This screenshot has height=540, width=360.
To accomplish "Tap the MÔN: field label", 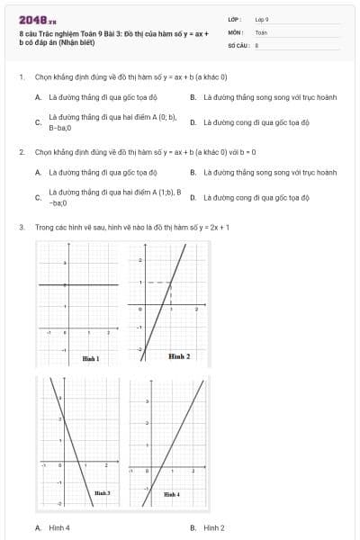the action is (x=236, y=31).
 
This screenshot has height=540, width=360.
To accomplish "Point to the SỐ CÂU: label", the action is (x=238, y=44).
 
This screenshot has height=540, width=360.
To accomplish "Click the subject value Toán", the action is (x=261, y=31).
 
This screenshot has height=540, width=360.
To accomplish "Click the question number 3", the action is (x=21, y=228).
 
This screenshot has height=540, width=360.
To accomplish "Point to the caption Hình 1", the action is (x=90, y=358).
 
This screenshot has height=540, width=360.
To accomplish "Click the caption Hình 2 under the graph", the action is (x=179, y=356).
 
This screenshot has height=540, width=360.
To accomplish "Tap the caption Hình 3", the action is (x=102, y=493).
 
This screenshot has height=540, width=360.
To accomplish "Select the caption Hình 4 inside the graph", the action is (x=171, y=494).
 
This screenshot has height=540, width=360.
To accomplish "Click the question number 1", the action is (x=21, y=76).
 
